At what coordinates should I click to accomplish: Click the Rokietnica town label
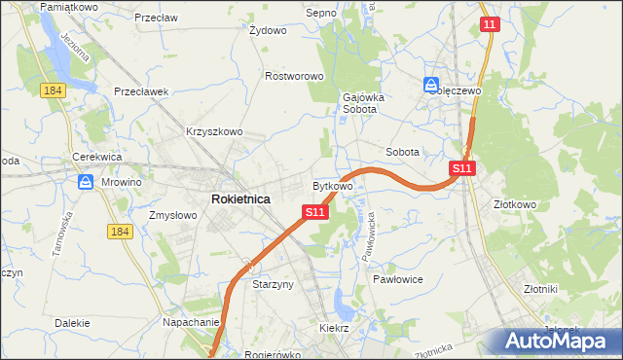coord(240,198)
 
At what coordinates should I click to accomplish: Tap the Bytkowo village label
coord(332,185)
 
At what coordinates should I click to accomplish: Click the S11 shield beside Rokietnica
coord(313,212)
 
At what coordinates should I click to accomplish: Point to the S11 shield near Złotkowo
coord(462,168)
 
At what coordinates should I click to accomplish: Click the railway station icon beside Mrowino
coord(86,181)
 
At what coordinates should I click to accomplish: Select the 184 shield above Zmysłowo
coord(120,231)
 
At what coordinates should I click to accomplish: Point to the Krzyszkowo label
coord(213,131)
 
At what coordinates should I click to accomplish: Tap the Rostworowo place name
coord(294,76)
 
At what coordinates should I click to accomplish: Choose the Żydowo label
coord(268,30)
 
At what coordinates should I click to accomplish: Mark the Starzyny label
coord(273,285)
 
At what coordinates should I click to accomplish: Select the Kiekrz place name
coord(334,329)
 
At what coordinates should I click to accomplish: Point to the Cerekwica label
coord(95,157)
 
